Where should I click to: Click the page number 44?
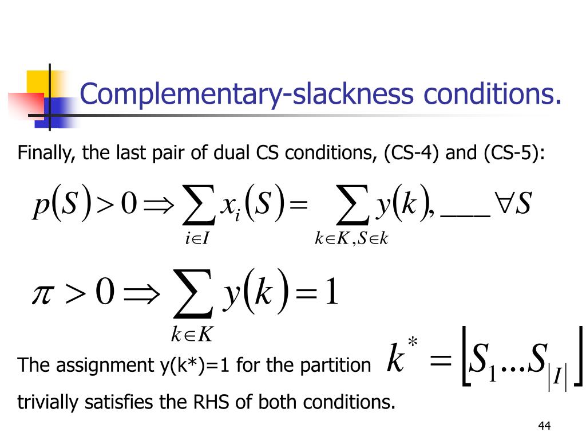(x=544, y=426)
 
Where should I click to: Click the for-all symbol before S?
(x=503, y=205)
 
